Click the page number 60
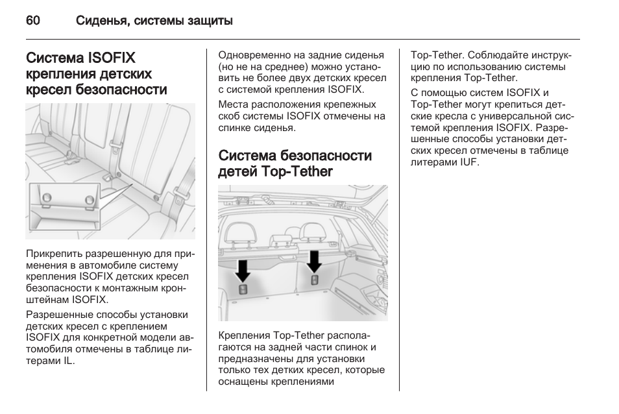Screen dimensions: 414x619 click(x=32, y=21)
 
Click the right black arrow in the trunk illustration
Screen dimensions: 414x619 click(x=315, y=260)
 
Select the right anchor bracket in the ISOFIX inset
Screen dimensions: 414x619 click(x=90, y=199)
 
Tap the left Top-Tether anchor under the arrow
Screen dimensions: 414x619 click(x=243, y=289)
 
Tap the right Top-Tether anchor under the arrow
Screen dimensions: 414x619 click(x=315, y=280)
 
